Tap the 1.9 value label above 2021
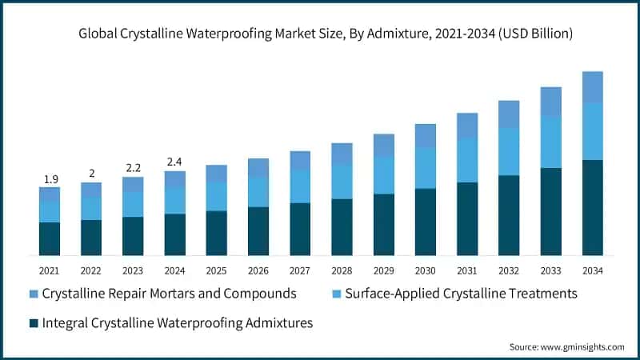click(x=50, y=178)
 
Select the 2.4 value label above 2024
click(x=174, y=162)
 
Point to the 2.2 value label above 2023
click(x=133, y=169)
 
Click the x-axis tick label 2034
click(x=592, y=270)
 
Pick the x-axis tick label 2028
click(x=342, y=270)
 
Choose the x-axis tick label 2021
click(x=50, y=270)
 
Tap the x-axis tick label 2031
click(x=466, y=270)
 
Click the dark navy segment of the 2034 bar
click(x=592, y=207)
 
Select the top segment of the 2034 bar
click(x=592, y=86)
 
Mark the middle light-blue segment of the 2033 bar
click(x=550, y=142)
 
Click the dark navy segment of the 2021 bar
click(x=50, y=238)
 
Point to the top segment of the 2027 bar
click(x=300, y=160)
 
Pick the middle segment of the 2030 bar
click(x=425, y=167)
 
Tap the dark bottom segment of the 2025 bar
click(x=216, y=233)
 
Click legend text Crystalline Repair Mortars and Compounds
click(x=169, y=294)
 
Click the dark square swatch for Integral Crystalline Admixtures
click(x=33, y=323)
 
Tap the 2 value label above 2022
click(x=91, y=174)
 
